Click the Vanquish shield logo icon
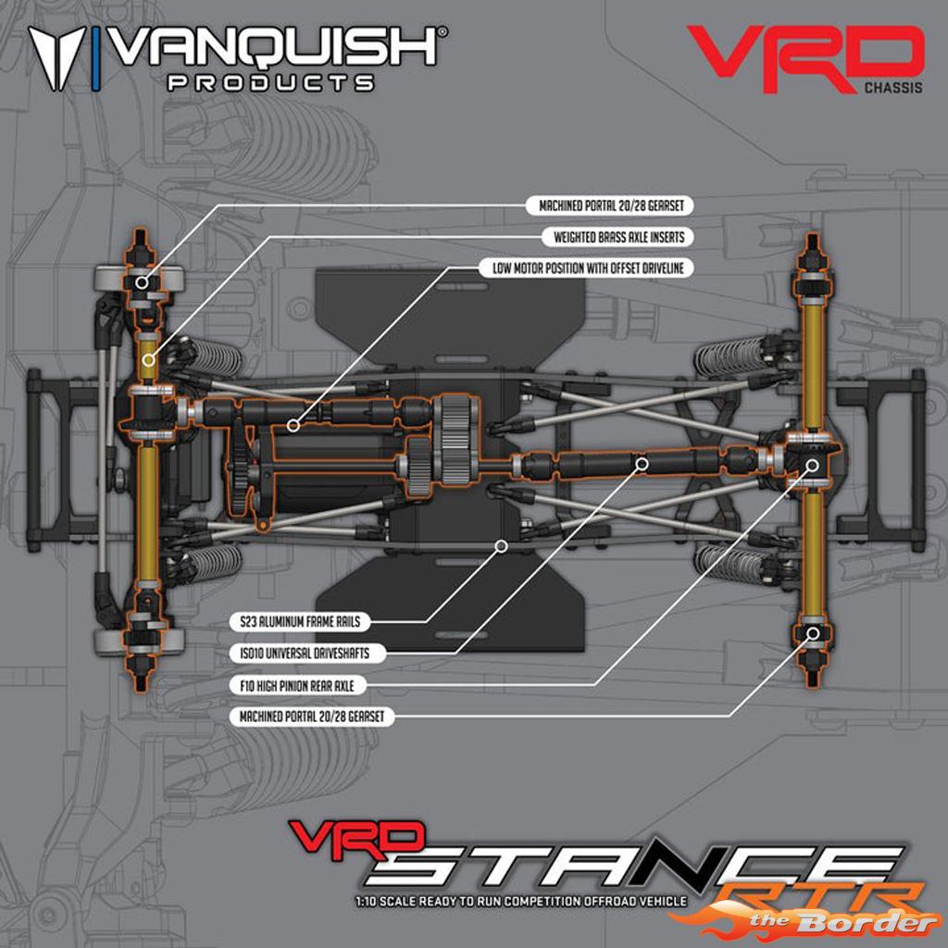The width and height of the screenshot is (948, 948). (x=57, y=58)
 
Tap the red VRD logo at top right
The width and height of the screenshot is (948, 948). (x=805, y=58)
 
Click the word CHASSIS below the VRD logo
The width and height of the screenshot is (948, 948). (x=893, y=88)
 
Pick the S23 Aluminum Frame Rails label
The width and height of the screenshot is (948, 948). (x=299, y=621)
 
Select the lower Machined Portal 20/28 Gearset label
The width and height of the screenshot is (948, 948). (x=311, y=717)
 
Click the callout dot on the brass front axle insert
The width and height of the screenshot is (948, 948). (x=148, y=360)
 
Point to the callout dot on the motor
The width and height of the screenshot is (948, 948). (x=293, y=426)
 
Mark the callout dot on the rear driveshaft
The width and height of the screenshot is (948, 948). (x=642, y=464)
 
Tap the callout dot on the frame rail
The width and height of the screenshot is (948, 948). (x=501, y=546)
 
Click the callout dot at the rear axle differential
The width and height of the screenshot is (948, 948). (x=813, y=465)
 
